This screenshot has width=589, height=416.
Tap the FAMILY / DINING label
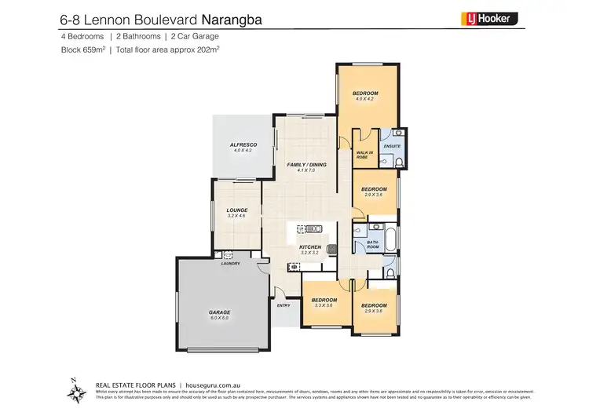point(305,165)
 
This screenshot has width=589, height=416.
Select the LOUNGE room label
point(236,210)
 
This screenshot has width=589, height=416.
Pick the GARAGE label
point(218,312)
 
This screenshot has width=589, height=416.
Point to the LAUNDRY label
point(230,264)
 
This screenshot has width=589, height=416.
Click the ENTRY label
point(284,305)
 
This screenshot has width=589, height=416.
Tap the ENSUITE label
point(391,147)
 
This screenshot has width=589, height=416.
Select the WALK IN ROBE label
point(363,155)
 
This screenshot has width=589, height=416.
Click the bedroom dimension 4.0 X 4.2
point(365,100)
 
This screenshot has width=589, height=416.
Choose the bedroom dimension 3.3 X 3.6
point(324,305)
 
